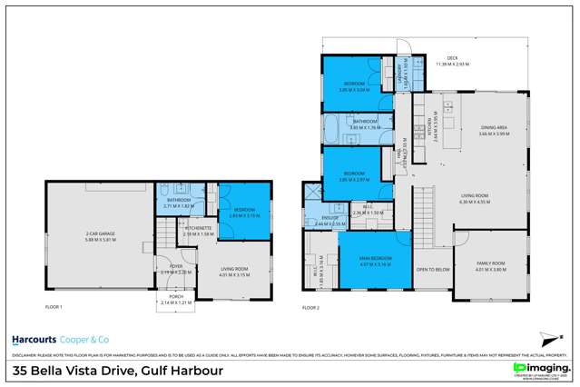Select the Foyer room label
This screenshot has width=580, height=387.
pyautogui.click(x=176, y=267)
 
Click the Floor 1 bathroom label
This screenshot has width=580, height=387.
pyautogui.click(x=175, y=202)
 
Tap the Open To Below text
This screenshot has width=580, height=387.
pyautogui.click(x=433, y=270)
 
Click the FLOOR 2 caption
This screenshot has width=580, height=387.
pyautogui.click(x=312, y=308)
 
